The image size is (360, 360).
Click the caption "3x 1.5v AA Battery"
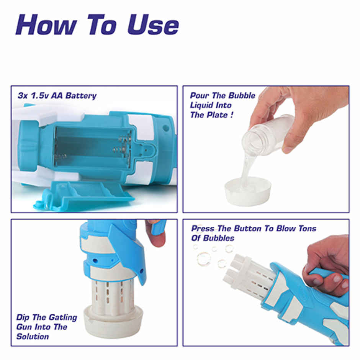click(57, 95)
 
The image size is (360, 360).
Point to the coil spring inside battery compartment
click(61, 156)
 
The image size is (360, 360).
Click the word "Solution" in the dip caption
click(33, 337)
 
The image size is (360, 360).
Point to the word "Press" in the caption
click(203, 229)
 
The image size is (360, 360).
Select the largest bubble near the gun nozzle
click(204, 259)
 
